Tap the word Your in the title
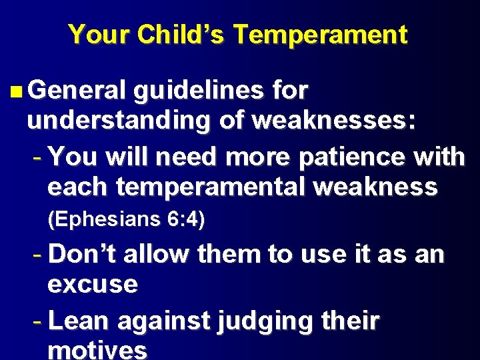click(99, 35)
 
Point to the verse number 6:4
click(179, 219)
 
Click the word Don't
click(82, 255)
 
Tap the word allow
click(157, 255)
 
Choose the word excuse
click(93, 285)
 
